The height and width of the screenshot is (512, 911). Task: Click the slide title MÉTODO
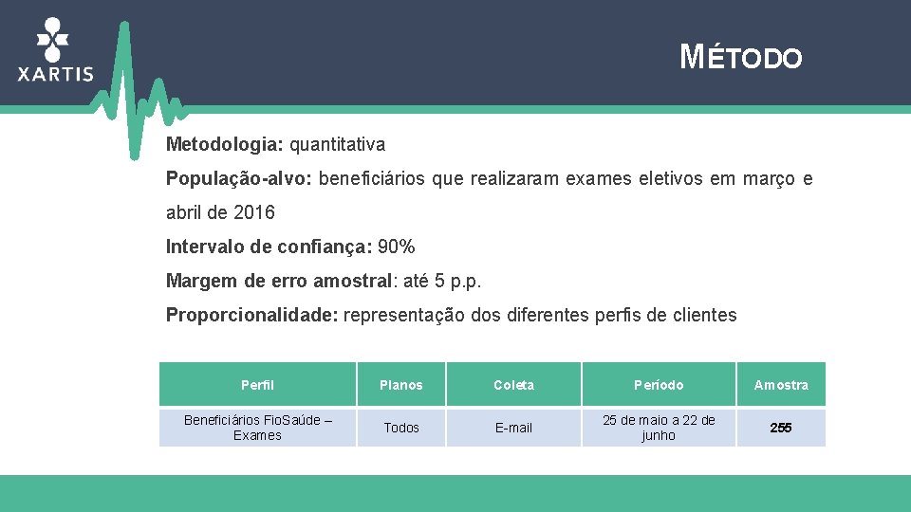click(741, 58)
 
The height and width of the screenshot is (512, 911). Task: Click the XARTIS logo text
click(56, 74)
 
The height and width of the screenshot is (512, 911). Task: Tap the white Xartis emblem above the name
click(53, 38)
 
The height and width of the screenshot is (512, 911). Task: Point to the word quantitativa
click(337, 145)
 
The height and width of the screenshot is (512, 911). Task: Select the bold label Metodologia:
click(225, 145)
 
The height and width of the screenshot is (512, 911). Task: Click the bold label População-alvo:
click(240, 178)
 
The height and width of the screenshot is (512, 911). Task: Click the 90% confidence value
click(396, 247)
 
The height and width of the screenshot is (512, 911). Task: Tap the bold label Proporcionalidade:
click(251, 315)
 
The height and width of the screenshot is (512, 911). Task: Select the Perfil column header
click(257, 385)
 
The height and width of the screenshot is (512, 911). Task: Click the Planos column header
click(401, 385)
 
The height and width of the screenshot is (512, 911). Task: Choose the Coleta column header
click(513, 385)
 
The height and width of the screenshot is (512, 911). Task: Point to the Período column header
click(659, 385)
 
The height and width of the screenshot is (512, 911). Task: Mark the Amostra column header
click(781, 385)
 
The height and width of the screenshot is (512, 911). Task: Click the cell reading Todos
click(401, 428)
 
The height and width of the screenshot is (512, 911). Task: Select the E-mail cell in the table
click(513, 428)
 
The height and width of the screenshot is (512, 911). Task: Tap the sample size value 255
click(781, 428)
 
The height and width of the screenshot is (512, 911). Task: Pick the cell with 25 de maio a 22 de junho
click(659, 428)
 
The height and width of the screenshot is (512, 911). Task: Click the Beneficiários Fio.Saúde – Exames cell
click(257, 428)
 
